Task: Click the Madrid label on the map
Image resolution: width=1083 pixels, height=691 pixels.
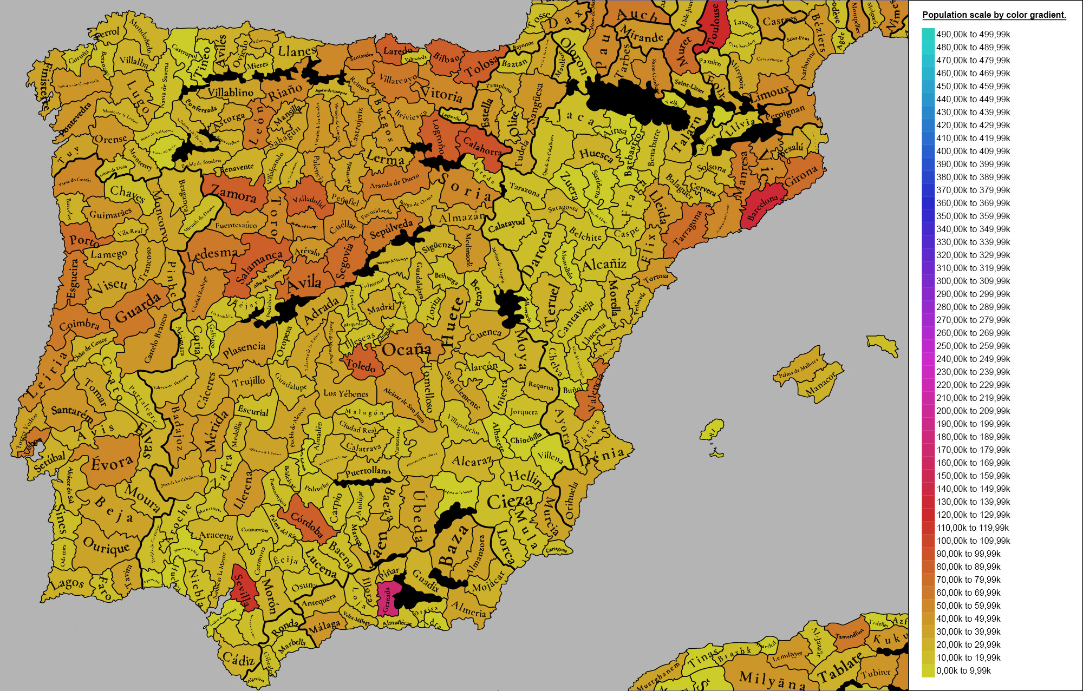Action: click(x=381, y=308)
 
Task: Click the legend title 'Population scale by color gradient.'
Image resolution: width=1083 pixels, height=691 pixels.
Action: click(x=994, y=15)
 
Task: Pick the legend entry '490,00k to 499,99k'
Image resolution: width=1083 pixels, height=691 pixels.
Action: click(x=973, y=34)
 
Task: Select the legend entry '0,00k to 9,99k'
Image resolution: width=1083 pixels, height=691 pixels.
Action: click(x=963, y=670)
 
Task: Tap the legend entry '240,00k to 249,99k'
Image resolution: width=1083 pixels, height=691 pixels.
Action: click(x=973, y=359)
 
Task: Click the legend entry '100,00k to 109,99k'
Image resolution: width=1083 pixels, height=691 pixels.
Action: click(x=973, y=541)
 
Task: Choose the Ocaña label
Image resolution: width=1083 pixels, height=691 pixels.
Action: click(x=406, y=350)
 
